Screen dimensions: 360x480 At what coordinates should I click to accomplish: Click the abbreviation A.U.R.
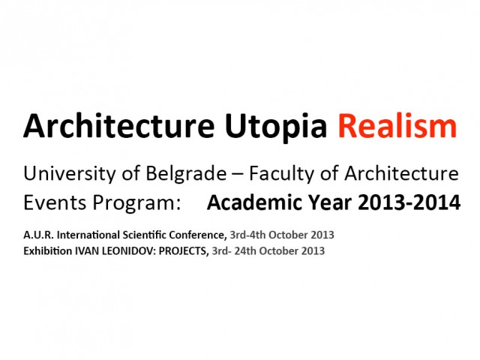tap(37, 235)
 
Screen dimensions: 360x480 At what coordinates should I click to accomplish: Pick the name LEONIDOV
tap(124, 250)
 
